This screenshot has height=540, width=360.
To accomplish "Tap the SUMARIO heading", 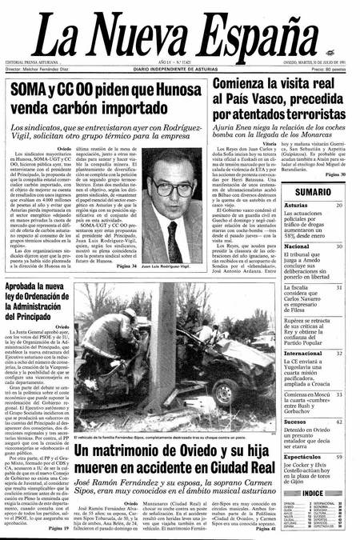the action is pyautogui.click(x=314, y=193).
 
